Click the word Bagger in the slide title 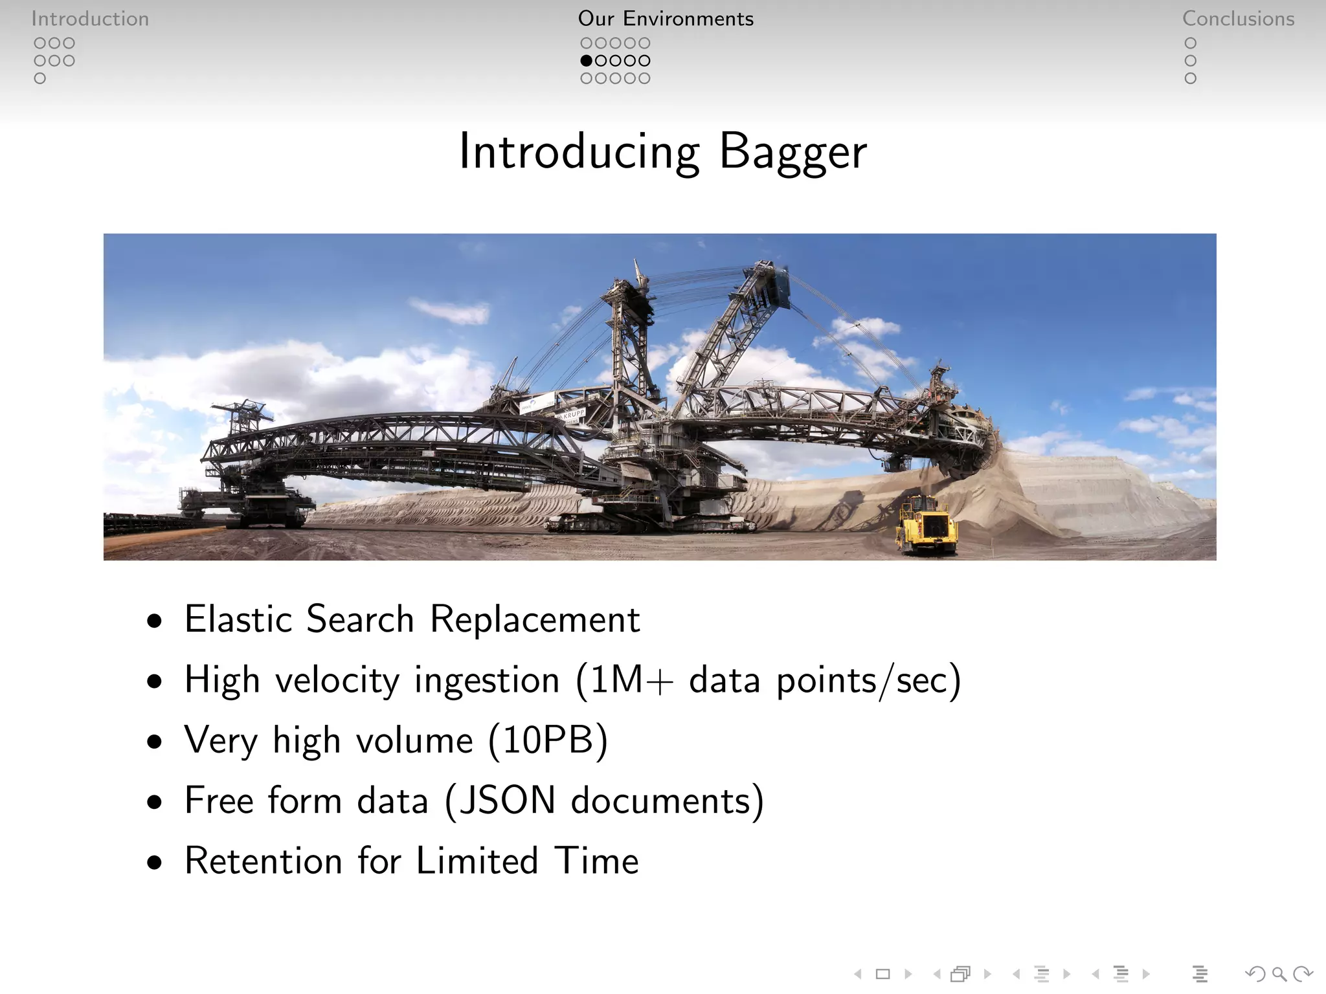[x=792, y=153]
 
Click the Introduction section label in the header [x=90, y=19]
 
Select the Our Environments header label [x=666, y=19]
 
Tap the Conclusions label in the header [x=1238, y=19]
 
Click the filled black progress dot [x=587, y=61]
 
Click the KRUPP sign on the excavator [x=573, y=414]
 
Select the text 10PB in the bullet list [x=548, y=740]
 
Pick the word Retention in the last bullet [x=263, y=861]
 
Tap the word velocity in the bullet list [x=337, y=680]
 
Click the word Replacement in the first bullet [x=535, y=619]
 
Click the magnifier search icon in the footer [x=1279, y=973]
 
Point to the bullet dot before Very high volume [x=154, y=742]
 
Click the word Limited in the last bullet [x=477, y=861]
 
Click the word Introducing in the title [x=579, y=153]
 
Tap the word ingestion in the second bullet [x=486, y=680]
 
